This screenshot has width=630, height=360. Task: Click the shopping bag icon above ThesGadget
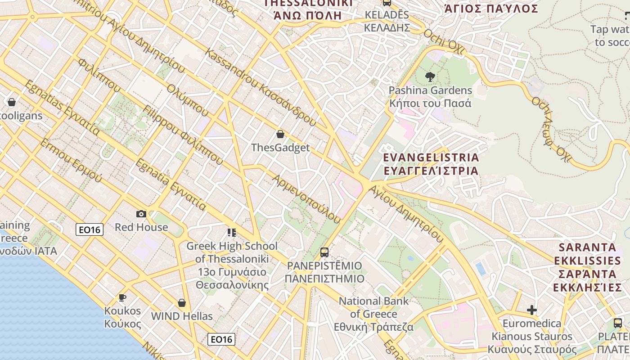[x=280, y=134]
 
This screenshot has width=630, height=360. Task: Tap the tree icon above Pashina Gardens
[x=430, y=77]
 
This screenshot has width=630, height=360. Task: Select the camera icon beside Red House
[x=141, y=214]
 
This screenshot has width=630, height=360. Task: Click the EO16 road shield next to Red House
[x=90, y=229]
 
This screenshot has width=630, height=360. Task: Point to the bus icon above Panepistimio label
[x=324, y=252]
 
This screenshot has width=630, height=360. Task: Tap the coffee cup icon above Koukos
[x=122, y=297]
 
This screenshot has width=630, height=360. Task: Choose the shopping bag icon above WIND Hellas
[x=182, y=303]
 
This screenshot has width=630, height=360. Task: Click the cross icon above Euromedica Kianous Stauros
[x=532, y=310]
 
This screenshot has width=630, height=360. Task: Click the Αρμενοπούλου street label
[x=306, y=198]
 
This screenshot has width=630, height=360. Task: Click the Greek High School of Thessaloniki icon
[x=232, y=233]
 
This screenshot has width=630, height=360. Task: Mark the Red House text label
[x=141, y=227]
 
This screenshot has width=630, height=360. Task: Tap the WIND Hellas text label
[x=182, y=316]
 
